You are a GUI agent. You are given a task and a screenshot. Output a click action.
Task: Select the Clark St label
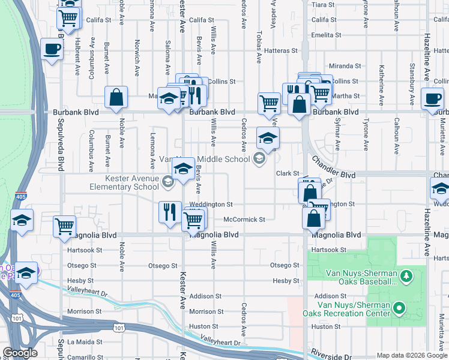287,173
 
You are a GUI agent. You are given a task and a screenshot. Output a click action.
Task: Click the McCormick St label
244,220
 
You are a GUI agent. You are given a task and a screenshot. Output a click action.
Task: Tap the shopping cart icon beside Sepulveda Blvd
65,227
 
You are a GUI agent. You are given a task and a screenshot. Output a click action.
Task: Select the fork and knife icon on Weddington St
170,212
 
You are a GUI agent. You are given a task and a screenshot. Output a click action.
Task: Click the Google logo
19,353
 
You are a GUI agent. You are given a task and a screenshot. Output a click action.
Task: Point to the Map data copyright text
411,355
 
